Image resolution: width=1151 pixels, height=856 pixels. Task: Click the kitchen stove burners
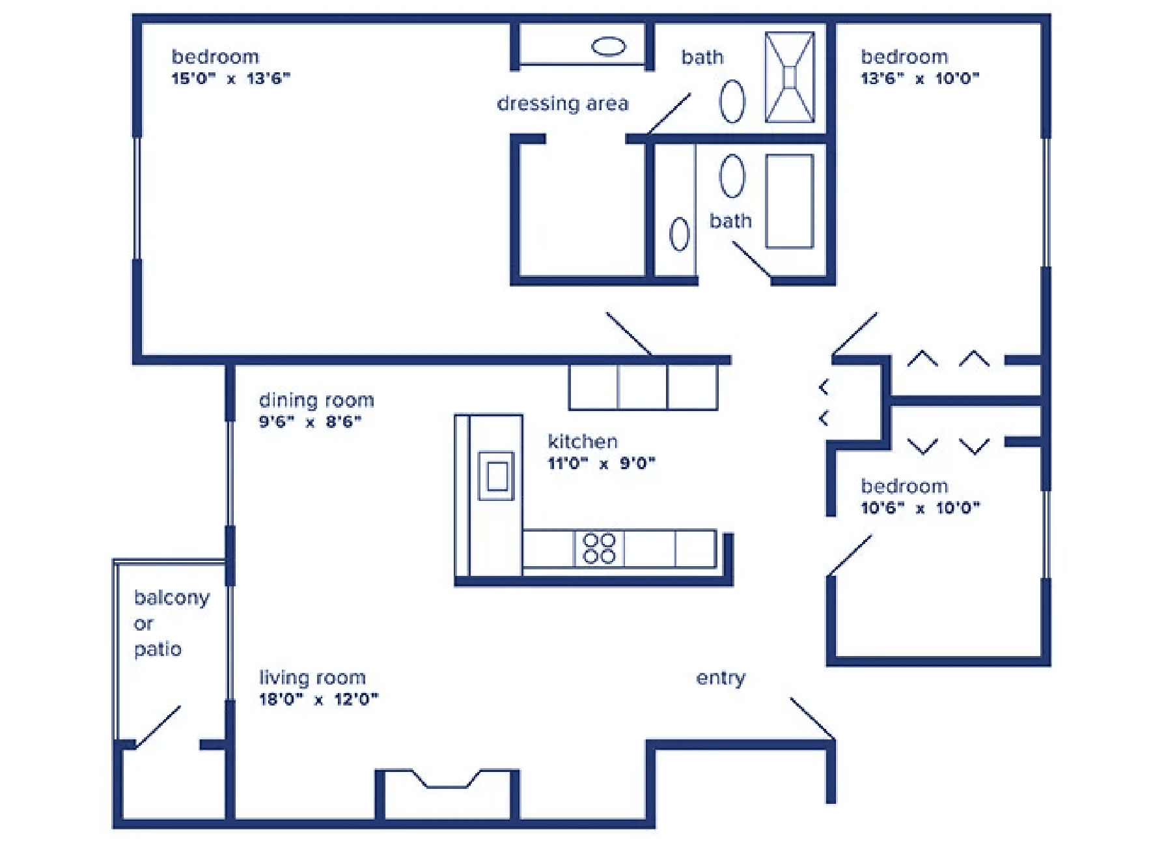[599, 549]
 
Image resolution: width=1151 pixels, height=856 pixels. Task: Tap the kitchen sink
[497, 476]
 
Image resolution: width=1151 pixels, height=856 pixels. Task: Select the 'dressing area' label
[562, 104]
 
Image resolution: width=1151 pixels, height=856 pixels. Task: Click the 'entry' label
[721, 678]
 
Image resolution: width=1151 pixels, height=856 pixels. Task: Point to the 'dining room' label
[316, 399]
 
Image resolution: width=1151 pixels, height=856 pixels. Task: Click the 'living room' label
[312, 678]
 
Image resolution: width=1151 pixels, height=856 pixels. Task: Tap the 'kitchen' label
[583, 441]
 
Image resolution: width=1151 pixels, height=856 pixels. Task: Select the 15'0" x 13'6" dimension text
[230, 79]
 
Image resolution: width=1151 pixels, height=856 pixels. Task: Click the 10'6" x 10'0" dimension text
[921, 508]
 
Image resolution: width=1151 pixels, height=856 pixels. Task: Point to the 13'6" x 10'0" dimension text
[920, 79]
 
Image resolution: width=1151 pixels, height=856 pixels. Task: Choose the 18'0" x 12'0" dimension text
[318, 700]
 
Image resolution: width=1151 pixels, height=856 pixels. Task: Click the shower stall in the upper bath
[790, 77]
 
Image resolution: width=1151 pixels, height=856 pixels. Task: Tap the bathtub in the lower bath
[790, 201]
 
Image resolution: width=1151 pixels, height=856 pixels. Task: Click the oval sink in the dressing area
[609, 46]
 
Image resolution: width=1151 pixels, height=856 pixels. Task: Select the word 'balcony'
[172, 598]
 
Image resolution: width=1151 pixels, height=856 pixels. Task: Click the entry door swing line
[812, 719]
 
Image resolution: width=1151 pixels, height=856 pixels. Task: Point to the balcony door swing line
[158, 726]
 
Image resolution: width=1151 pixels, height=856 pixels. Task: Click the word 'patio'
[158, 649]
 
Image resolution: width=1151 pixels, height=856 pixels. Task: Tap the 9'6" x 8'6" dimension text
[310, 421]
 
